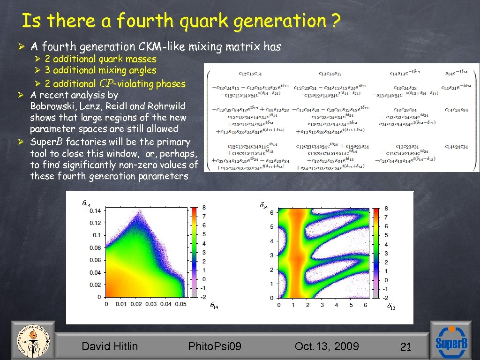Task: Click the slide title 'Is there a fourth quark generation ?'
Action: [180, 21]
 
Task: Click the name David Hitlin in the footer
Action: [110, 346]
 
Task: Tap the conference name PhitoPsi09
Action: [215, 346]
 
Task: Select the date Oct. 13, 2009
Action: [327, 346]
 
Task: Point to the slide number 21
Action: [405, 347]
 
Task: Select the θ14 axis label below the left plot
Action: [213, 306]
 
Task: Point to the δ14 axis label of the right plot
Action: [264, 205]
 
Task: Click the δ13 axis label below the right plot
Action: [391, 307]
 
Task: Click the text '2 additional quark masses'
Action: [100, 59]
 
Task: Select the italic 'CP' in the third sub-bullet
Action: [106, 83]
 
